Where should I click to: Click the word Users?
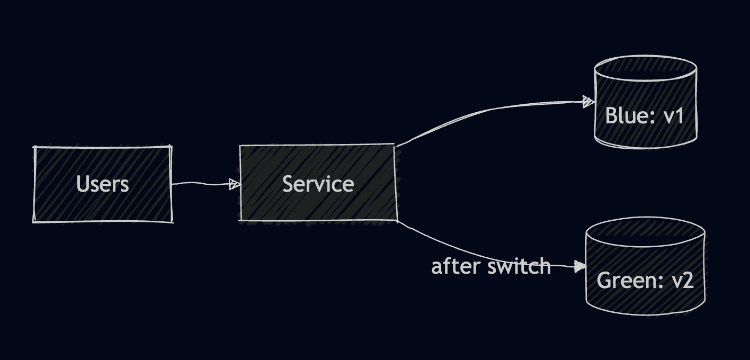coord(103,184)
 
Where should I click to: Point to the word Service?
coord(318,184)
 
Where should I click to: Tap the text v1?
coord(673,116)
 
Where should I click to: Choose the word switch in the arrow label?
coord(520,266)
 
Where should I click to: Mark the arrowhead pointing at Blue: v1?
coord(587,101)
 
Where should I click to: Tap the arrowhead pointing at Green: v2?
coord(581,266)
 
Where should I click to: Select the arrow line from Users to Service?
coord(201,184)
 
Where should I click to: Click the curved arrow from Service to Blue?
coord(477,112)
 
